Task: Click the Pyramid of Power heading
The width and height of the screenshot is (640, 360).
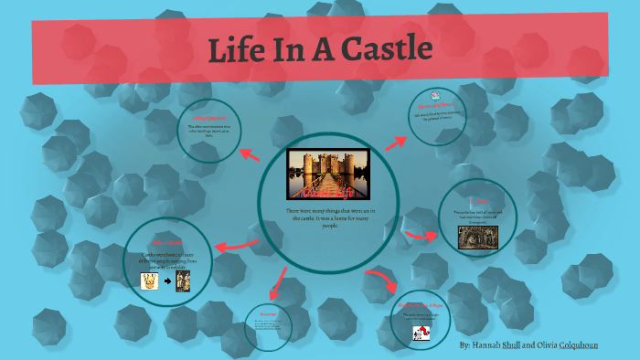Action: [437, 106]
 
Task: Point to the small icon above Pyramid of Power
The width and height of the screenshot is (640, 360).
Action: [436, 95]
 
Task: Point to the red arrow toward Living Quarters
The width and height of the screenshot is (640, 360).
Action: [249, 154]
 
